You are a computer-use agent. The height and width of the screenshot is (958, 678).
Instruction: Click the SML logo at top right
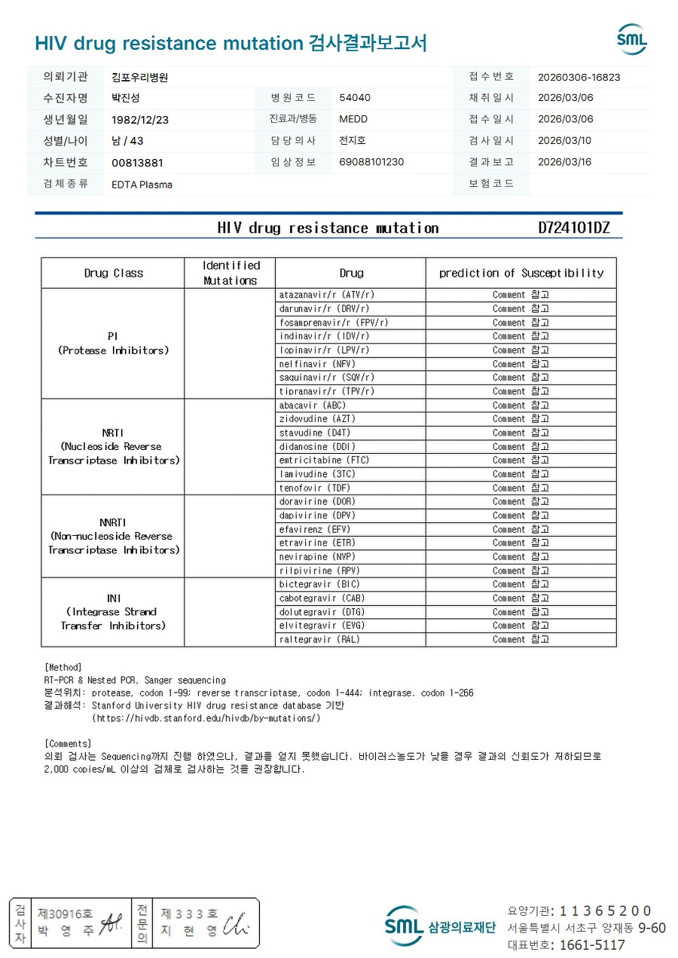(631, 39)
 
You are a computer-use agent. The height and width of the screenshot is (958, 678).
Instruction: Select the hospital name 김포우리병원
(140, 77)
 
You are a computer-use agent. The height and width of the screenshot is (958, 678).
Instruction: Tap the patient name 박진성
(126, 98)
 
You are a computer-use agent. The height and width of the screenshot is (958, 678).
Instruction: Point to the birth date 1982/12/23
(140, 119)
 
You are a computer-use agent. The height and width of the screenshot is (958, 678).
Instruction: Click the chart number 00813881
(137, 163)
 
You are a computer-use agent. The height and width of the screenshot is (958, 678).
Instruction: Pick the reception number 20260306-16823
(579, 77)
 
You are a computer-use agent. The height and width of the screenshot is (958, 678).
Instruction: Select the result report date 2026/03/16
(565, 162)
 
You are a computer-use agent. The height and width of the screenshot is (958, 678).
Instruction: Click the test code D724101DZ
(573, 228)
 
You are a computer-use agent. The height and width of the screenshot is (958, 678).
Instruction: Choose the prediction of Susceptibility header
(521, 273)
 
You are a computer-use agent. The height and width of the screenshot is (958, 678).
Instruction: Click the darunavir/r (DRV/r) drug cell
(324, 308)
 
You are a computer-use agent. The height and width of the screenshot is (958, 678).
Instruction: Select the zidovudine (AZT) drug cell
(316, 418)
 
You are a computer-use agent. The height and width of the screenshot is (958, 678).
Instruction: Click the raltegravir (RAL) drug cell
(319, 639)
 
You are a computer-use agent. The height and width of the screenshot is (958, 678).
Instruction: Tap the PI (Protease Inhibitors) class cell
(113, 343)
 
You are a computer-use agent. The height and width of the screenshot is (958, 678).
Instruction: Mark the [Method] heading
(63, 667)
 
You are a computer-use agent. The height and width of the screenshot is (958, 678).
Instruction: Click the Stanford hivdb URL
(206, 718)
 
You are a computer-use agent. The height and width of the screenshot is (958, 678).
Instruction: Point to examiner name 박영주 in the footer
(66, 931)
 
